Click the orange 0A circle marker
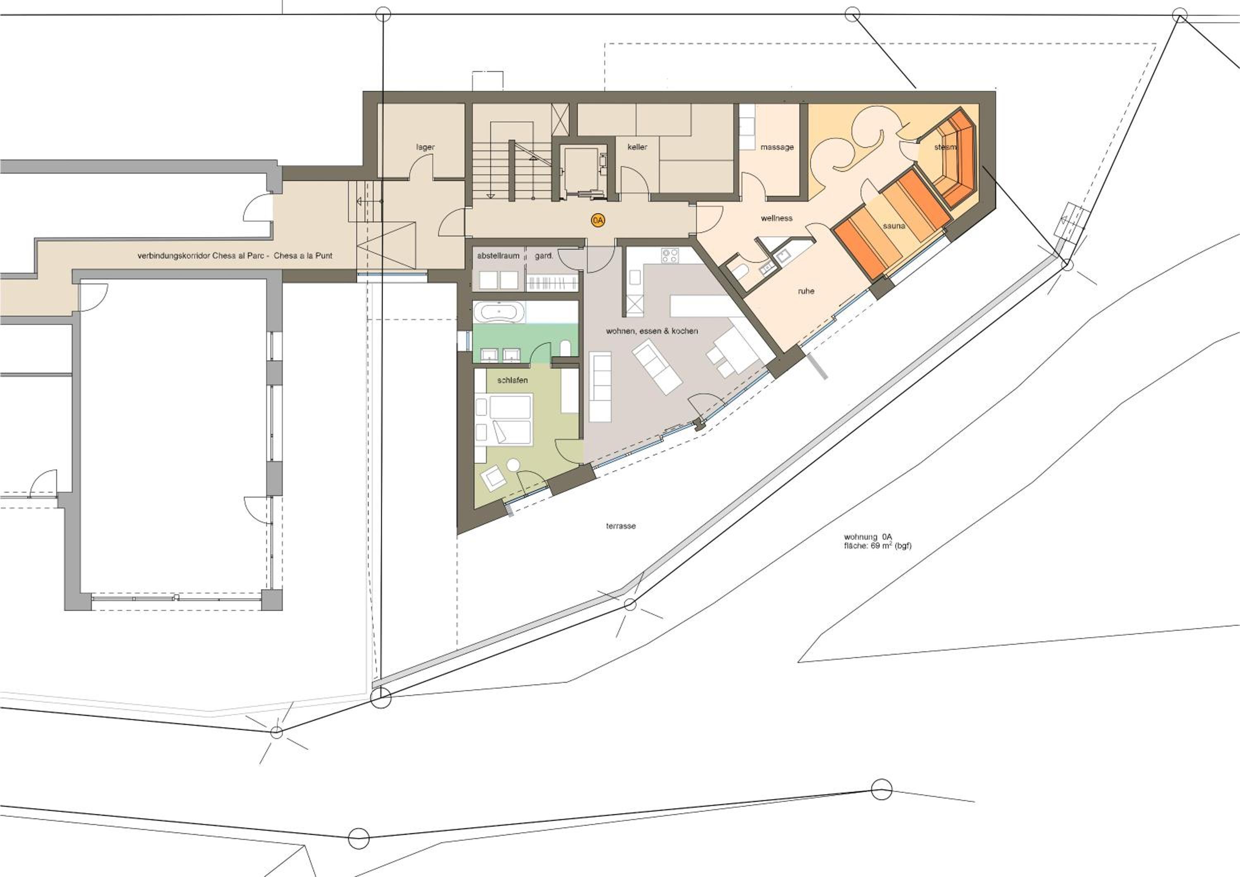(597, 220)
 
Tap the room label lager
(425, 147)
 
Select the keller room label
(637, 147)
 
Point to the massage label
(777, 147)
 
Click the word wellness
(777, 218)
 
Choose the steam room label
(945, 147)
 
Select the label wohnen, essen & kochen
(652, 331)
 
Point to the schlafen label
(512, 380)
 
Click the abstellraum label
(498, 255)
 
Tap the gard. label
(544, 256)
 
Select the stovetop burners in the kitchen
(670, 255)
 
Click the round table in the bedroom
(513, 465)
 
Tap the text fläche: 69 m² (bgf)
(878, 546)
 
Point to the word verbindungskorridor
(173, 255)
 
